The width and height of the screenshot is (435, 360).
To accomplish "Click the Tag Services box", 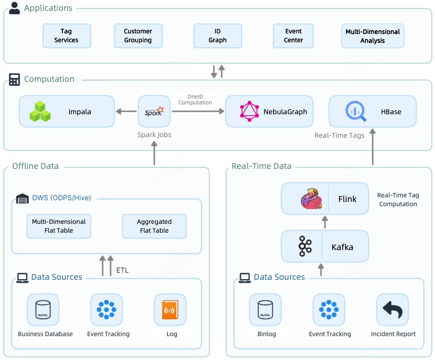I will coord(66,36).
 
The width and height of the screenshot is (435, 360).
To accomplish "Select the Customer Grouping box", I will coord(138,36).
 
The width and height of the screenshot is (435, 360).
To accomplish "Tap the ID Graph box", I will coord(217,36).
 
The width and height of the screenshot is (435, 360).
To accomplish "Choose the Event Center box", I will coord(293,36).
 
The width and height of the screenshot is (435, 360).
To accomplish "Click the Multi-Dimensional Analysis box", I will coord(372,36).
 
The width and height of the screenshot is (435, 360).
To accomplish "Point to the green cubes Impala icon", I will coord(40,112).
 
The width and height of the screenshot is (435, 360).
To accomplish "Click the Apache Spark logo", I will coord(154,111).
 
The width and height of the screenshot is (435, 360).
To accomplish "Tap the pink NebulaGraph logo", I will coord(249,111).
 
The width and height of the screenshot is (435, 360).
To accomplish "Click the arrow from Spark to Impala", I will coord(126,111).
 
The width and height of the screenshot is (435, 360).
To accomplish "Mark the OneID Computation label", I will coord(195,99).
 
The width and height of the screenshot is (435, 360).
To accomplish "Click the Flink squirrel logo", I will coord(311,199).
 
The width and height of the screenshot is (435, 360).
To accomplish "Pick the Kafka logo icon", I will coord(305,246).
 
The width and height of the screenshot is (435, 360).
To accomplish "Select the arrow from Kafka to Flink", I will coord(325,222).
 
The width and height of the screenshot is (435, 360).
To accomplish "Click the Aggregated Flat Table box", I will coord(154,226).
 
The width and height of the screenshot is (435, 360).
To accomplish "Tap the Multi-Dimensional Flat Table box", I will coord(59,226).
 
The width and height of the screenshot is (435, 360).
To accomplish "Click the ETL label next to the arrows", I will coord(123,270).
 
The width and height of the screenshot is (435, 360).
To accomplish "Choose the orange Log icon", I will coord(170,310).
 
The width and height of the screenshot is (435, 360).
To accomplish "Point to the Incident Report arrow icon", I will coord(392,310).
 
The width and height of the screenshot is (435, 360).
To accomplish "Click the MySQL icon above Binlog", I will coord(265,310).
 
